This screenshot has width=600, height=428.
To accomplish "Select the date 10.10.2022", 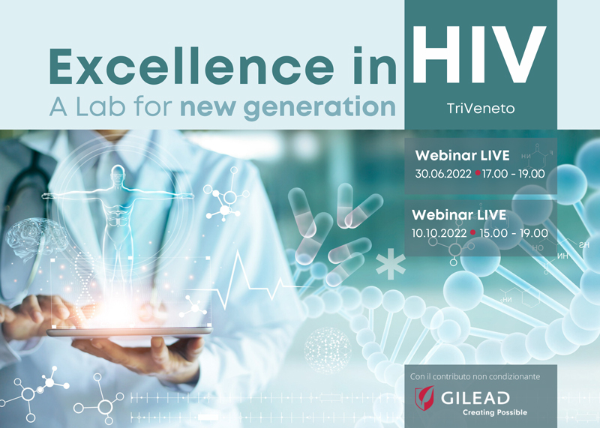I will (439, 232).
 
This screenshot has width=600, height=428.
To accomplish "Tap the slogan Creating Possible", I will (494, 412).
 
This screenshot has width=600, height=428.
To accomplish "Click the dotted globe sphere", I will (327, 349).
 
